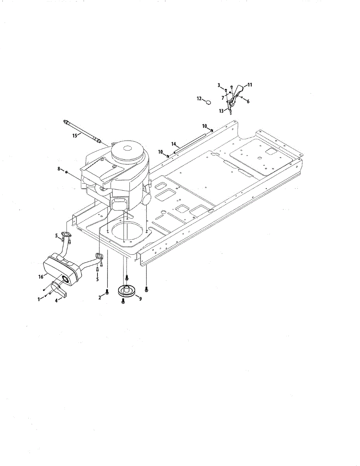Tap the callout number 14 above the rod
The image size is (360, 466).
coord(174,144)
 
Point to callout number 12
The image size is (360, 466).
coord(199,99)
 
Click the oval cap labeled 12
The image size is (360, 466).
coord(209,103)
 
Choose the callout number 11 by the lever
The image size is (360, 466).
coord(250,84)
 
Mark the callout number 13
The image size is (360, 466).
coord(221,111)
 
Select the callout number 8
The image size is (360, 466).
coord(59,169)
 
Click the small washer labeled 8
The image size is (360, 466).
coord(67,171)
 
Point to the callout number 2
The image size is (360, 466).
coord(100,297)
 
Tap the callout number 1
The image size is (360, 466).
coord(38,299)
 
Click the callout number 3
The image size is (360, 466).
coord(219,85)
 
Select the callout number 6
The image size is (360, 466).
coord(247,101)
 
